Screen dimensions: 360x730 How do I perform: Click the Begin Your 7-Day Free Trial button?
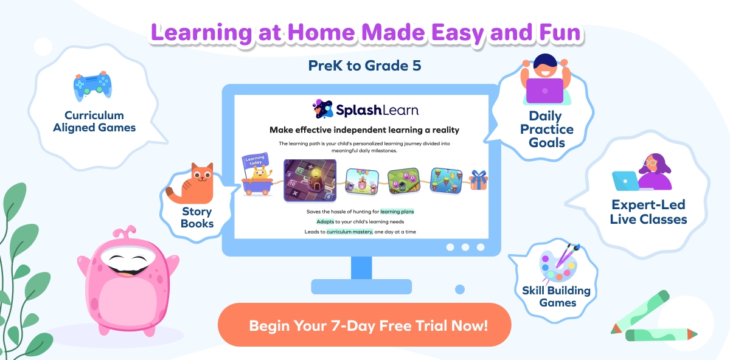point(364,325)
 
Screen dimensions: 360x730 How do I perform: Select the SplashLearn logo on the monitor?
point(365,109)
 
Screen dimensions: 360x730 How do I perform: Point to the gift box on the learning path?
point(479,180)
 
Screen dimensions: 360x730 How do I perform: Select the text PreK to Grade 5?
point(364,66)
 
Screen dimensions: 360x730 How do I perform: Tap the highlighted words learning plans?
point(397,211)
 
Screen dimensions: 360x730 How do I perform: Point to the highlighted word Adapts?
point(325,221)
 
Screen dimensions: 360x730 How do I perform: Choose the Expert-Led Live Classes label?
point(648,213)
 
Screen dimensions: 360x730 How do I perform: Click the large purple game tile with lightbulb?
point(310,180)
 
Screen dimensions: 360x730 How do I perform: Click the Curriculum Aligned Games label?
point(94,122)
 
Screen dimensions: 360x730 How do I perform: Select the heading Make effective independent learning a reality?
point(364,130)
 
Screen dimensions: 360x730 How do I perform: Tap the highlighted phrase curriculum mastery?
point(349,232)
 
